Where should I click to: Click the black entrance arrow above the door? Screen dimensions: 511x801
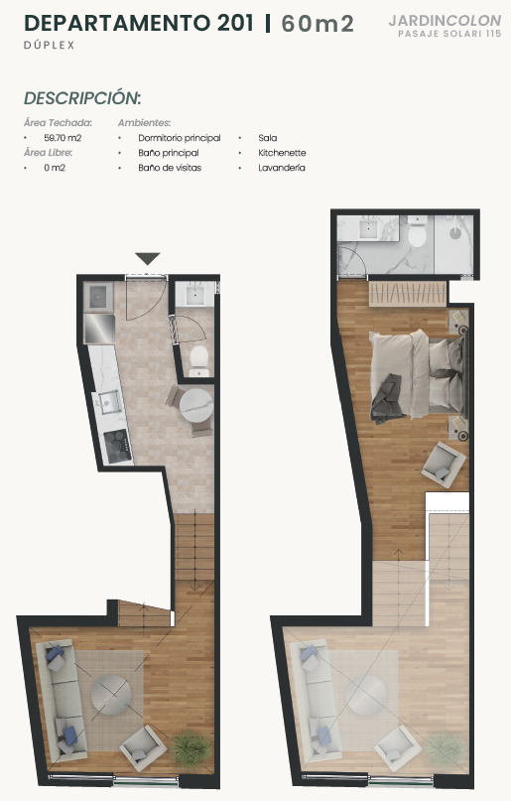coord(148,258)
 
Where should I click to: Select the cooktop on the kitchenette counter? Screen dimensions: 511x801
coord(117,446)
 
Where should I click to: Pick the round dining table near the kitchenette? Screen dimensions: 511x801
coord(196,405)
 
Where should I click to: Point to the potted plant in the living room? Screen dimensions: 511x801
coord(191,749)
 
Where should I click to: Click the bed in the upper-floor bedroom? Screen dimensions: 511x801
coord(418,375)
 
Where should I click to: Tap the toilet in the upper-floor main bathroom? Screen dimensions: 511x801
coord(417,232)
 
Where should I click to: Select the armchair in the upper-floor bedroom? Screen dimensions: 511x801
coord(444,464)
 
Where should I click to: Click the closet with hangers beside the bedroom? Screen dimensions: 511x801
coord(408,294)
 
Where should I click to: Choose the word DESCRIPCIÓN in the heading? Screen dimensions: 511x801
coord(82,98)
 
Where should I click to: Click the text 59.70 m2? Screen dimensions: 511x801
coord(63,138)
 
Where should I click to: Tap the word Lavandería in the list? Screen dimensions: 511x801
coord(282,168)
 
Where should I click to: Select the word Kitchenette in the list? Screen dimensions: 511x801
coord(282,153)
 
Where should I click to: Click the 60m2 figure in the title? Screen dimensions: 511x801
coord(317,24)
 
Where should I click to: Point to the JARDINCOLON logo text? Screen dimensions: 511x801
coord(445,21)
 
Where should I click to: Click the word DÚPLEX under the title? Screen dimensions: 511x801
coord(49,45)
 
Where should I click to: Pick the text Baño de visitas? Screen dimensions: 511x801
coord(170,168)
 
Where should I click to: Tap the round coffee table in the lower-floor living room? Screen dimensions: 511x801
coord(111,695)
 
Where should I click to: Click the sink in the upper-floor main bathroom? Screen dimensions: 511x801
coord(368,229)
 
